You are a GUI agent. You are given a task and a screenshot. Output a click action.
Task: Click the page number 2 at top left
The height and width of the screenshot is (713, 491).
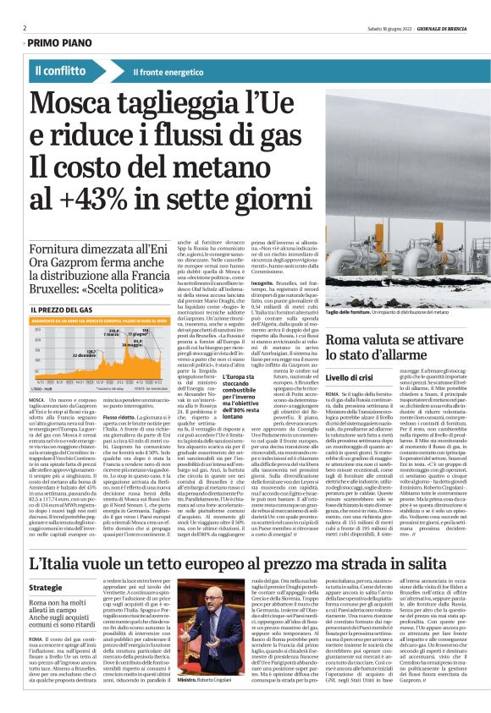pos(25,27)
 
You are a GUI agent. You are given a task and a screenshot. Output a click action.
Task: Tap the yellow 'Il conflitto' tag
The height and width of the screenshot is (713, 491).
pos(64,70)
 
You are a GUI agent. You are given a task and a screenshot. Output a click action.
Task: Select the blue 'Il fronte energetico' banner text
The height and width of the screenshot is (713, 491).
pos(170,71)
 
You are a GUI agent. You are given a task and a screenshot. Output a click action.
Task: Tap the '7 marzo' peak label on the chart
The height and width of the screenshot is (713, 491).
pos(111,333)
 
